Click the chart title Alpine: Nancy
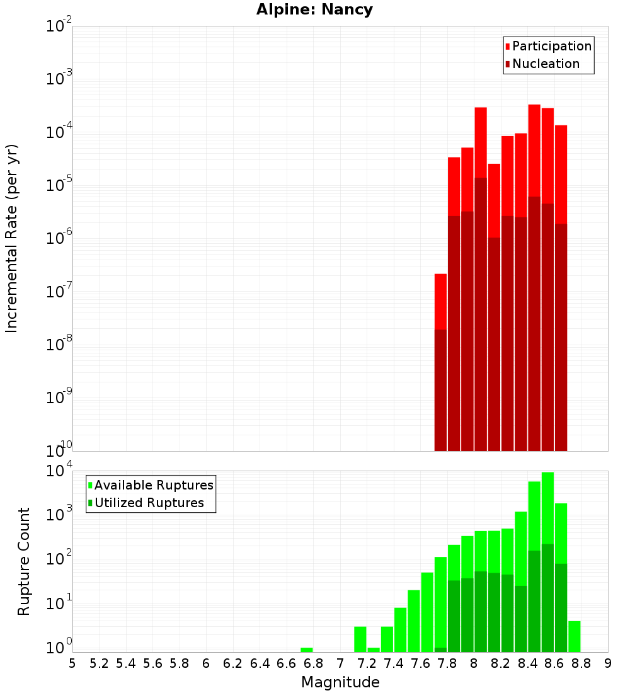coord(314,9)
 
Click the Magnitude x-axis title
coord(340,682)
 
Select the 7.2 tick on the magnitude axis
coord(367,663)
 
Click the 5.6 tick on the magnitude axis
coord(152,663)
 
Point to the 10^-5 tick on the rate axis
coord(59,186)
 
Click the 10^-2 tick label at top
coord(59,27)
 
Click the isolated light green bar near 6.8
coord(307,650)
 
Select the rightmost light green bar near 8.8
coord(574,636)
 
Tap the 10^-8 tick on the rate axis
coord(59,345)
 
